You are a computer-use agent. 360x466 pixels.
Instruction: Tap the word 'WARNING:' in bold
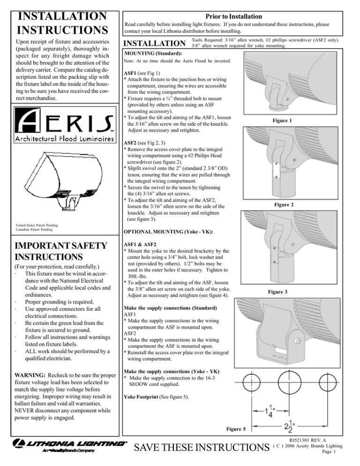pos(28,375)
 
